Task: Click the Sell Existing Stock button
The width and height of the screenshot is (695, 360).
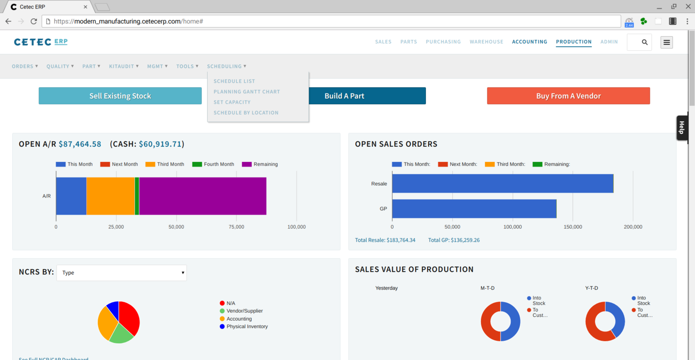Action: click(x=120, y=96)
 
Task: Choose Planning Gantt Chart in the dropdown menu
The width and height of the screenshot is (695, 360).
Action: click(x=247, y=92)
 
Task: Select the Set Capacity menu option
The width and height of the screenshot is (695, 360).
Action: click(x=232, y=102)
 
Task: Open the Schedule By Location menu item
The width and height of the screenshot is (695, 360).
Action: click(x=246, y=113)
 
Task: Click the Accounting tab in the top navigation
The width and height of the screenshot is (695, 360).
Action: click(x=529, y=42)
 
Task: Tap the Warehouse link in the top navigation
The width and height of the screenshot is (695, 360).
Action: click(x=486, y=42)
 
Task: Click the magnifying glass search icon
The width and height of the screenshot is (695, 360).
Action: click(x=644, y=42)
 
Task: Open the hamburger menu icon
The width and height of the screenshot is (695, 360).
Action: click(x=666, y=42)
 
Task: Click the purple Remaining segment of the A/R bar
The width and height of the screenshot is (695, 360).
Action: click(x=202, y=196)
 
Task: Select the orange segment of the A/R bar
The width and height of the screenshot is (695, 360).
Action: click(x=110, y=196)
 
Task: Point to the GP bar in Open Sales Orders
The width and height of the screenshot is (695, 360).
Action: click(x=474, y=209)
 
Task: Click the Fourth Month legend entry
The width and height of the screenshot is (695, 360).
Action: click(x=213, y=164)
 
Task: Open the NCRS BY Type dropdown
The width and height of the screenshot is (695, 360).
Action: click(x=122, y=273)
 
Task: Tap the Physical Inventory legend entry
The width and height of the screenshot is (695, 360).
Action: click(x=247, y=326)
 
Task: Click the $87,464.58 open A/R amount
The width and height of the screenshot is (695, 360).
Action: click(x=80, y=144)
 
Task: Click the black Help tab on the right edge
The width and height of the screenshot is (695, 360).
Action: click(x=681, y=128)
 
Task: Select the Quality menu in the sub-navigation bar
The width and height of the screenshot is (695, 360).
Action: click(x=60, y=66)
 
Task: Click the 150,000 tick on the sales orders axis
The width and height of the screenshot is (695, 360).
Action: click(x=572, y=227)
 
